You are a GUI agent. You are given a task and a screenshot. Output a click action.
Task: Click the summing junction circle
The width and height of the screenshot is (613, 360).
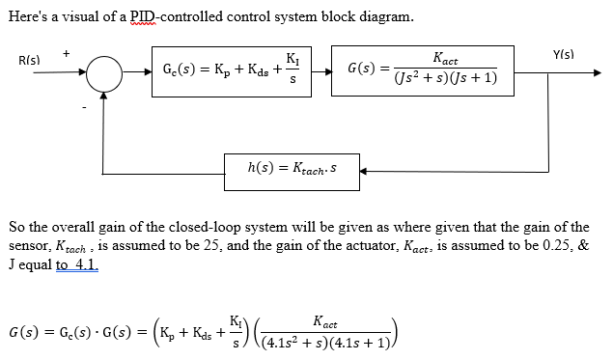(105, 72)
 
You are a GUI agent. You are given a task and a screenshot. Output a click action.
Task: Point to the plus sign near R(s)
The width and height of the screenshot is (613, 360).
(66, 54)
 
